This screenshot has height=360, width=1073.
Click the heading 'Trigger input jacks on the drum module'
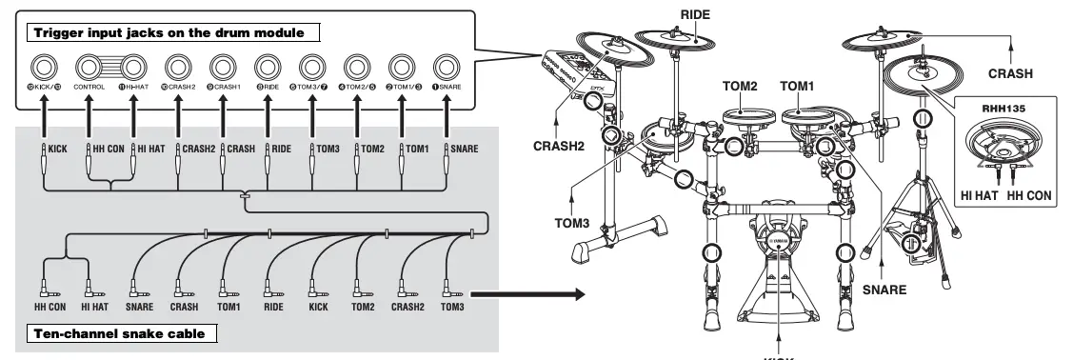pos(169,33)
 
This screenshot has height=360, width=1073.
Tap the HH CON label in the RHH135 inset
pos(1028,195)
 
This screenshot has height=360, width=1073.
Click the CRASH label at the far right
pos(1011,72)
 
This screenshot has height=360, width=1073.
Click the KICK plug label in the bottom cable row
pos(317,307)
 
